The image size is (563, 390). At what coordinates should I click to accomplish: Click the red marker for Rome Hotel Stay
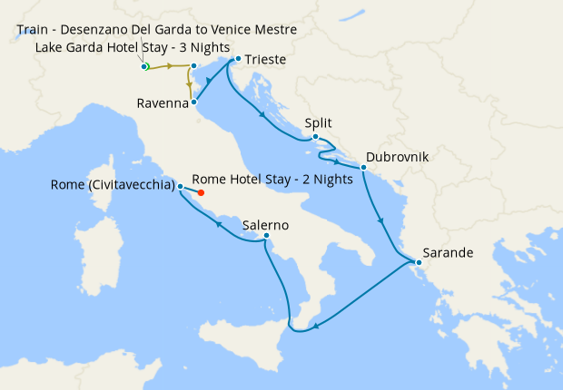point(201,192)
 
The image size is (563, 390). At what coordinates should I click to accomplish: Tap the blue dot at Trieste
point(237,60)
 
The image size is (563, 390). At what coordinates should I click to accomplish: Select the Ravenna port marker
point(194,103)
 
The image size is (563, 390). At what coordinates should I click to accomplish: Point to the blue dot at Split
point(315,137)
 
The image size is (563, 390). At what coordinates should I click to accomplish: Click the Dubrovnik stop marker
point(363,168)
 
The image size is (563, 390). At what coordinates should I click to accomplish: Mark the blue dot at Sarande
point(419,264)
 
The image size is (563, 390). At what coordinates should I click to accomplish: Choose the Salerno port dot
point(266,238)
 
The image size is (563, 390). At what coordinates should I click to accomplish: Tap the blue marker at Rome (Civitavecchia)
point(181,187)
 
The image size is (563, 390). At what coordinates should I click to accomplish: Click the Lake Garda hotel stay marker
point(143,66)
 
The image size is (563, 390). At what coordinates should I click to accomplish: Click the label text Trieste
point(266,60)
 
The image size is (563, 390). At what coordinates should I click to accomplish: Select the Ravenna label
point(163,103)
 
